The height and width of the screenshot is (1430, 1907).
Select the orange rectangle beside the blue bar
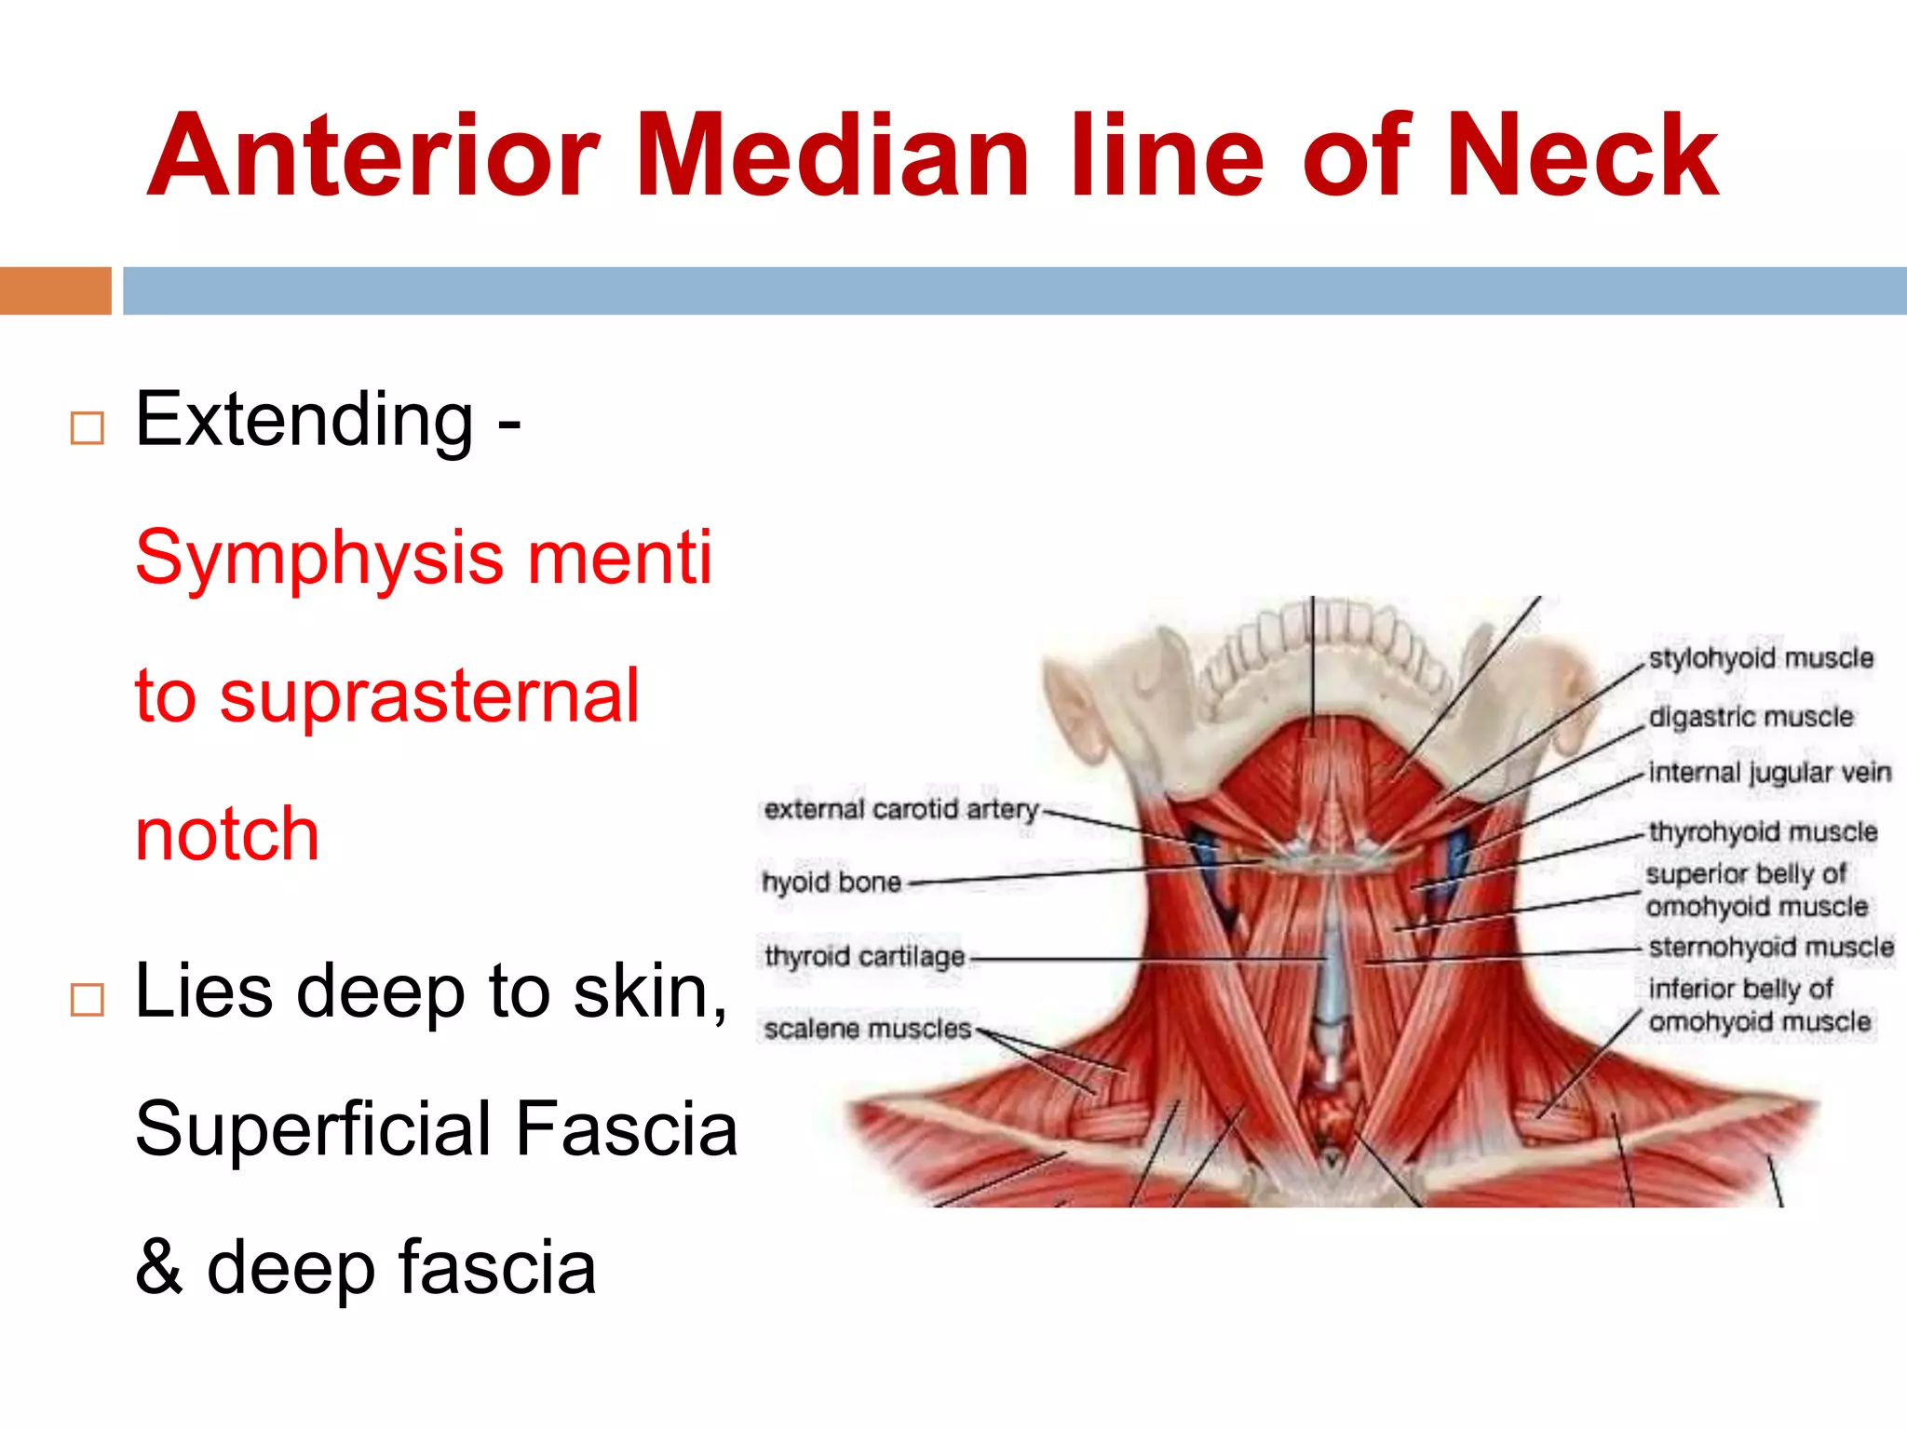(x=55, y=290)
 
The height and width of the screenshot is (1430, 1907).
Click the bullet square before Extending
(x=88, y=428)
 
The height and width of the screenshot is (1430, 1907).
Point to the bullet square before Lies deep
(x=88, y=1000)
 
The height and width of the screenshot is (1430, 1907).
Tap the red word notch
(x=227, y=833)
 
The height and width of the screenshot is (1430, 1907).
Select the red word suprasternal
(x=428, y=695)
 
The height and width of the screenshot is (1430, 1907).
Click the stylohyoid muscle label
(x=1761, y=658)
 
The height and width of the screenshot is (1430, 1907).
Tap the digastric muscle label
(x=1751, y=717)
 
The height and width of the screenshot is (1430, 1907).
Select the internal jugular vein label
(x=1769, y=773)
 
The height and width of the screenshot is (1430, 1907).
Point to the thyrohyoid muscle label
(x=1763, y=831)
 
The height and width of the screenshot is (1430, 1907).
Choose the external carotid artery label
(x=900, y=809)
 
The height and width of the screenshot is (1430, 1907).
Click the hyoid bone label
(x=832, y=882)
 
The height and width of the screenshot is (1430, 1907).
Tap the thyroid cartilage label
(x=864, y=956)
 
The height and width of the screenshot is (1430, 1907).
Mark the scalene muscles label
(x=867, y=1029)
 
